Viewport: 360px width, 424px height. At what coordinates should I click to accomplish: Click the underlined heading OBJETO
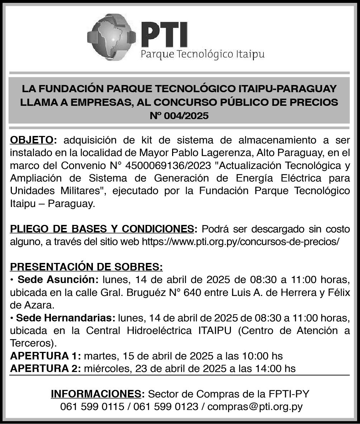[32, 139]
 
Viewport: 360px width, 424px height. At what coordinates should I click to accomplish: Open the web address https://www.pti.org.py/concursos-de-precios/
[241, 241]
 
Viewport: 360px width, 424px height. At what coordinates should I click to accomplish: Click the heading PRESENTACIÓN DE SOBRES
[86, 267]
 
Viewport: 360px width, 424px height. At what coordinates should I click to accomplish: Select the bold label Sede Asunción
[58, 279]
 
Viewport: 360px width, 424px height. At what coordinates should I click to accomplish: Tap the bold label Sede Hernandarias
[65, 318]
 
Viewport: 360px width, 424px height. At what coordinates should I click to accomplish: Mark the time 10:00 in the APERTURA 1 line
[256, 356]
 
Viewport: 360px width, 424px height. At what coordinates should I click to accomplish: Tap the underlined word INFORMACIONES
[97, 394]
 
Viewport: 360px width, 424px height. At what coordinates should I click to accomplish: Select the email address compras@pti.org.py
[255, 407]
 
